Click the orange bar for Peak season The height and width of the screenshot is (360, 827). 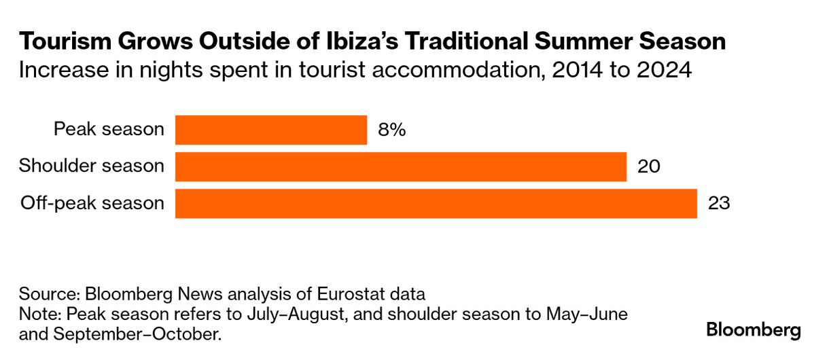(x=271, y=130)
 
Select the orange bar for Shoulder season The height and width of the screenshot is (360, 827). (x=401, y=167)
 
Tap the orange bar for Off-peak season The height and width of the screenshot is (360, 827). (x=436, y=204)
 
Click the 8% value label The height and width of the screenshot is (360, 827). (x=392, y=130)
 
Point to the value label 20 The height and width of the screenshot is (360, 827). (x=649, y=167)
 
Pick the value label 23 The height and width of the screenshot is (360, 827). (x=719, y=204)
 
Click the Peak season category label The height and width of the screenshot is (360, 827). (x=109, y=129)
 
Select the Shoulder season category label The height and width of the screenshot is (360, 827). (x=92, y=166)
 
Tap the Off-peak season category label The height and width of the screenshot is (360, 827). (x=92, y=203)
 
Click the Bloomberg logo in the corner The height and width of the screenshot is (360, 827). (x=754, y=331)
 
